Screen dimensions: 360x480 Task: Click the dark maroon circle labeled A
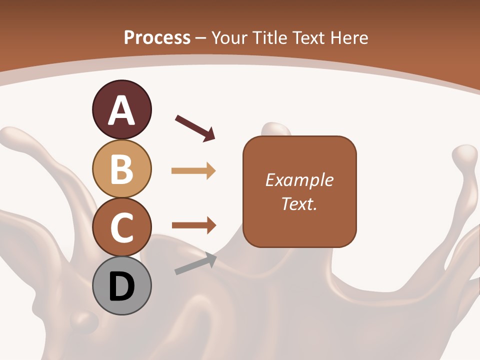coord(121,109)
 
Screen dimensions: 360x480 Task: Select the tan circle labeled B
coord(121,168)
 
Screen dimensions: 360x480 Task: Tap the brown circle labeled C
coord(121,227)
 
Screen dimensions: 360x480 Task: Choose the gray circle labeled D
coord(121,285)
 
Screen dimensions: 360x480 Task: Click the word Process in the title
coord(157,37)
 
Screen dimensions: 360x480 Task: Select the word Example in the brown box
coord(299,180)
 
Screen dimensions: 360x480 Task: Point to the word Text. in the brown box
coord(299,203)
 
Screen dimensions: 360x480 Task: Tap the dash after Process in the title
coord(201,38)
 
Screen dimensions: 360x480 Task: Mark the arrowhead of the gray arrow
coord(211,259)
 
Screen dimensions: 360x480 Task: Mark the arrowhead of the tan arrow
coord(210,171)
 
